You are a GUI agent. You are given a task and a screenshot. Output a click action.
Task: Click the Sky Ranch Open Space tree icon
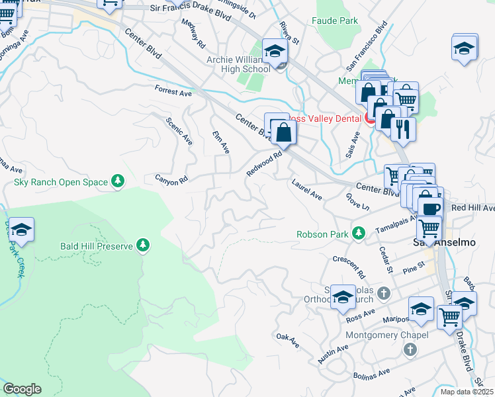pyautogui.click(x=118, y=181)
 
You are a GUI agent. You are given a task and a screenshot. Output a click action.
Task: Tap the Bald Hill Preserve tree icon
pyautogui.click(x=142, y=246)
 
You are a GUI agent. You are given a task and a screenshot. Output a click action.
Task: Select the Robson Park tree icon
pyautogui.click(x=358, y=233)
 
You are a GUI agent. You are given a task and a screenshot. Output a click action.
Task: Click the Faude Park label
pyautogui.click(x=335, y=21)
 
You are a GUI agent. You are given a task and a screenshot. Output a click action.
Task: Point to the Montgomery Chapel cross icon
pyautogui.click(x=410, y=349)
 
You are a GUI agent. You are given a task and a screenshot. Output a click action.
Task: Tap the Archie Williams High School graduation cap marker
pyautogui.click(x=275, y=51)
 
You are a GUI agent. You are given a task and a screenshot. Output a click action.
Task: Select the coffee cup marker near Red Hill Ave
pyautogui.click(x=430, y=208)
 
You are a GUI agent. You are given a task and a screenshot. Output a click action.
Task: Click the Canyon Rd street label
pyautogui.click(x=171, y=179)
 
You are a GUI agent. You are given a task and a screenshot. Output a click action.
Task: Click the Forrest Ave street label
pyautogui.click(x=173, y=91)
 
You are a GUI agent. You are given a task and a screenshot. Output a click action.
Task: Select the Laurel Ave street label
pyautogui.click(x=307, y=188)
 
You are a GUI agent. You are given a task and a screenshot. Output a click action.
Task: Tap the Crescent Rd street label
pyautogui.click(x=349, y=266)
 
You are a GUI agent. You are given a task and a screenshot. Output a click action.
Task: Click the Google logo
pyautogui.click(x=22, y=389)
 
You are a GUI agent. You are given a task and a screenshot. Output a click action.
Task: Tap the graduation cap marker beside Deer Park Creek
pyautogui.click(x=22, y=230)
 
